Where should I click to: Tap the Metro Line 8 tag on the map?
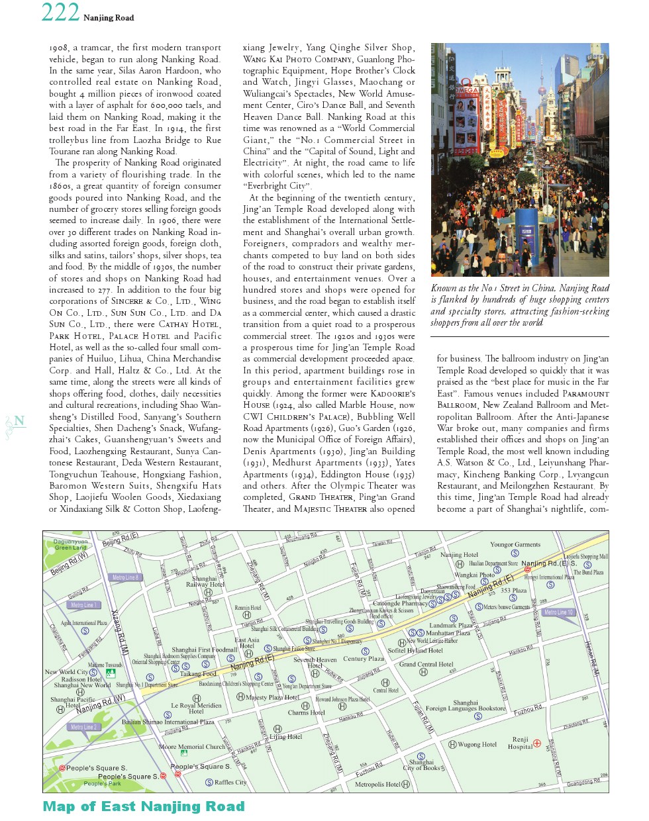pos(125,577)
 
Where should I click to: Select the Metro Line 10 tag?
pos(558,612)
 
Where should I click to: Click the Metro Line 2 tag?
pos(83,727)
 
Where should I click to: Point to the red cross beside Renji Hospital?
pos(537,744)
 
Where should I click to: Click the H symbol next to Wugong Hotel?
pos(453,744)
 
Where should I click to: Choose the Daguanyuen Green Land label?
pos(70,544)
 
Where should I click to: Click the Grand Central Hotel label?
pos(426,664)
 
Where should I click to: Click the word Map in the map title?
pos(59,806)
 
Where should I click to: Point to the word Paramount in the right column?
pos(585,393)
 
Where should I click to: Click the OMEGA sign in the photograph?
pos(467,89)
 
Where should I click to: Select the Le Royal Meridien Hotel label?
pos(196,708)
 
